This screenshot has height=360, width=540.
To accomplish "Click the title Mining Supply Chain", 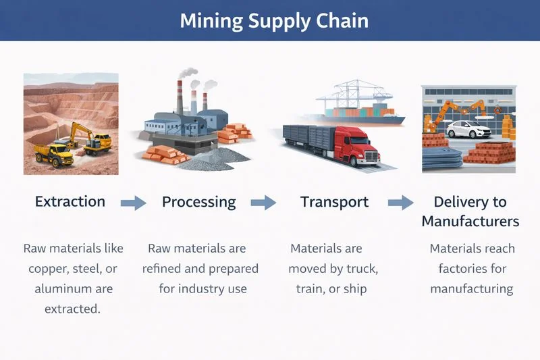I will [274, 20].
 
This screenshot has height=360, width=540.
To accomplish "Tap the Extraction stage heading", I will [70, 201].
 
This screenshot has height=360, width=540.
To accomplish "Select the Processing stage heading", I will [199, 201].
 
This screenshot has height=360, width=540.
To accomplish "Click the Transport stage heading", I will [335, 201].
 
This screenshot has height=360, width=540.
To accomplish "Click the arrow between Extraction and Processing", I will [134, 202].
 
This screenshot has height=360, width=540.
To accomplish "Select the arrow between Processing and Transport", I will [264, 202].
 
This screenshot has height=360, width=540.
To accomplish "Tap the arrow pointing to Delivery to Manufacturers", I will [401, 202].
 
